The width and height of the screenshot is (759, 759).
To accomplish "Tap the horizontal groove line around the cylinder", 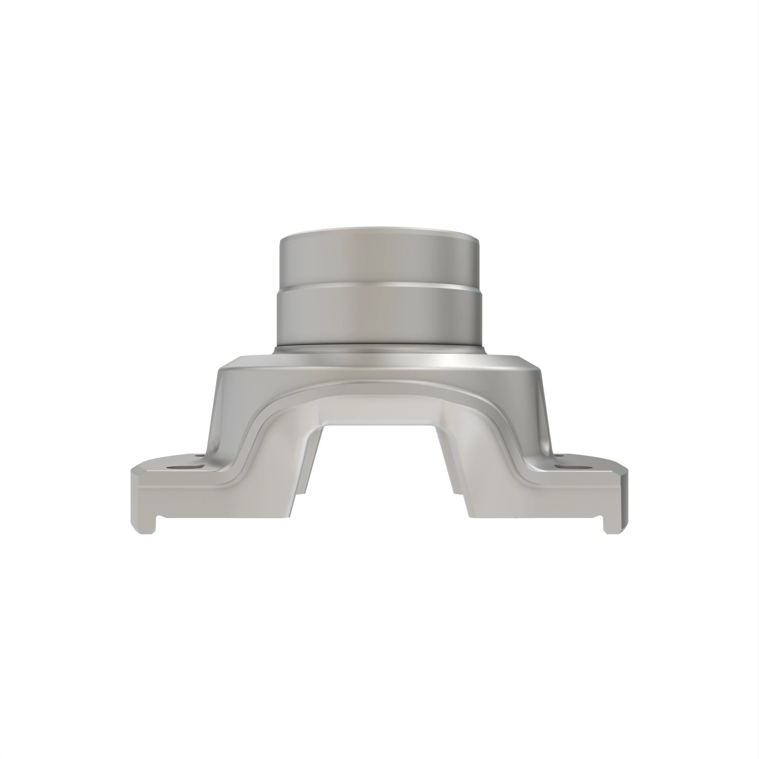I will click(x=379, y=286).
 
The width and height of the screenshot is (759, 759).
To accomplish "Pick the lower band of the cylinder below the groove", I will click(x=379, y=314).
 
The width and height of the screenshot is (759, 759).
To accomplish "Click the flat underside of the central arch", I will click(x=379, y=413).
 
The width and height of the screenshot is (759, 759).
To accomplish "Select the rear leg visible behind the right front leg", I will click(x=456, y=487).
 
